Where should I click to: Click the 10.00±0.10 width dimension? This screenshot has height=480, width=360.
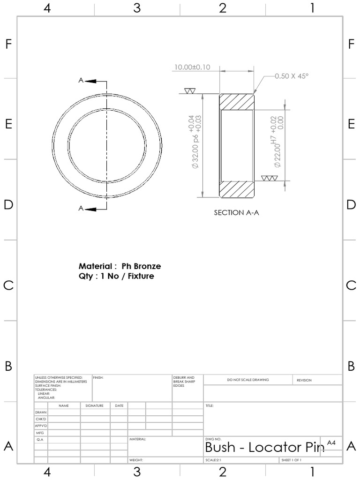[192, 67]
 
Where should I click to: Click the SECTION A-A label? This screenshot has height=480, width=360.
[236, 212]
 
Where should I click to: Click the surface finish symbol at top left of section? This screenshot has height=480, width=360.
[190, 90]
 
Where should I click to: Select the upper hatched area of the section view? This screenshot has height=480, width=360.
[237, 102]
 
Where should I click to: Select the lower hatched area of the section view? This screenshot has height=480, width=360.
[237, 189]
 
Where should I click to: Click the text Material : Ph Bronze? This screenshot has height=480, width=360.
[120, 266]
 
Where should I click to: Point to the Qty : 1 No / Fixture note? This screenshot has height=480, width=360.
[116, 276]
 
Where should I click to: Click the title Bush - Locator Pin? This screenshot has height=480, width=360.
[264, 448]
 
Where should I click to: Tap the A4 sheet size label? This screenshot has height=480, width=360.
[331, 442]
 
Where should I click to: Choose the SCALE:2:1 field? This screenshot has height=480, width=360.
[213, 460]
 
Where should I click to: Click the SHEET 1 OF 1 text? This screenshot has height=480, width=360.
[292, 460]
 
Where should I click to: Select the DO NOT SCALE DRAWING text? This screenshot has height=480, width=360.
[248, 380]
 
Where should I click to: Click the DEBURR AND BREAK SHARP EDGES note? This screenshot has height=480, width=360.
[181, 382]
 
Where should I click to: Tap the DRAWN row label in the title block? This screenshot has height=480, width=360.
[41, 412]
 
